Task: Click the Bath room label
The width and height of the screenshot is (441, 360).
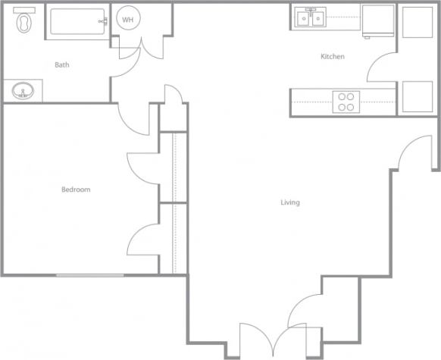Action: pos(62,65)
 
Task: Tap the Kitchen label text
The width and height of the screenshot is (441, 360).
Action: pos(333,57)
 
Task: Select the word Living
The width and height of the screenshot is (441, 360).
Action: pos(290,202)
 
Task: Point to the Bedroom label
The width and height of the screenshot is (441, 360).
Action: pos(76,189)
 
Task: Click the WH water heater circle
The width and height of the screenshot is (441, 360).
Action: pos(127,20)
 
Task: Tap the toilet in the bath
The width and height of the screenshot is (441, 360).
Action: pos(25,22)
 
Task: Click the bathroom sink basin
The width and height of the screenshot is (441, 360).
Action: pos(23,92)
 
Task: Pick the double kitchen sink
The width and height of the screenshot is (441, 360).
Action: pos(311,17)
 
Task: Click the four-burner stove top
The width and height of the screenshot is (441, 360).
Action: pos(346,102)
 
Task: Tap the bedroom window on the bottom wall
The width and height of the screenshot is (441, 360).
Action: pos(89,275)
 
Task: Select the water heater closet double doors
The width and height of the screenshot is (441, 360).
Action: pos(142,47)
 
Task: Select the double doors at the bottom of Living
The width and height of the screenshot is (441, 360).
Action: pos(262,337)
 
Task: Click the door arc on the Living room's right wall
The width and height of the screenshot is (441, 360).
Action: pos(413,152)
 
